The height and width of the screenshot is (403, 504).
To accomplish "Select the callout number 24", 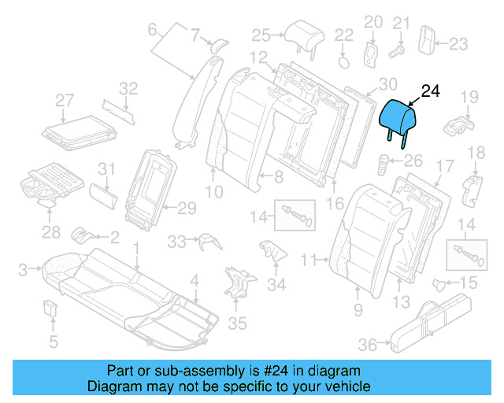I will (431, 91).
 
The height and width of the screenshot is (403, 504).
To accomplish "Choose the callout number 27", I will (64, 100).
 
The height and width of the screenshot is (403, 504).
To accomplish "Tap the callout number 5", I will (54, 341).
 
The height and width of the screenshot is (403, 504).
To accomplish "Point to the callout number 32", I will (128, 87).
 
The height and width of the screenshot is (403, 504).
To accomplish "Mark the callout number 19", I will (469, 97).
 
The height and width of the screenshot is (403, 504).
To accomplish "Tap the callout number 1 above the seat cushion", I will (136, 247).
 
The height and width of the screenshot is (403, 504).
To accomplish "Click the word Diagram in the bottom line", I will (109, 386).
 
